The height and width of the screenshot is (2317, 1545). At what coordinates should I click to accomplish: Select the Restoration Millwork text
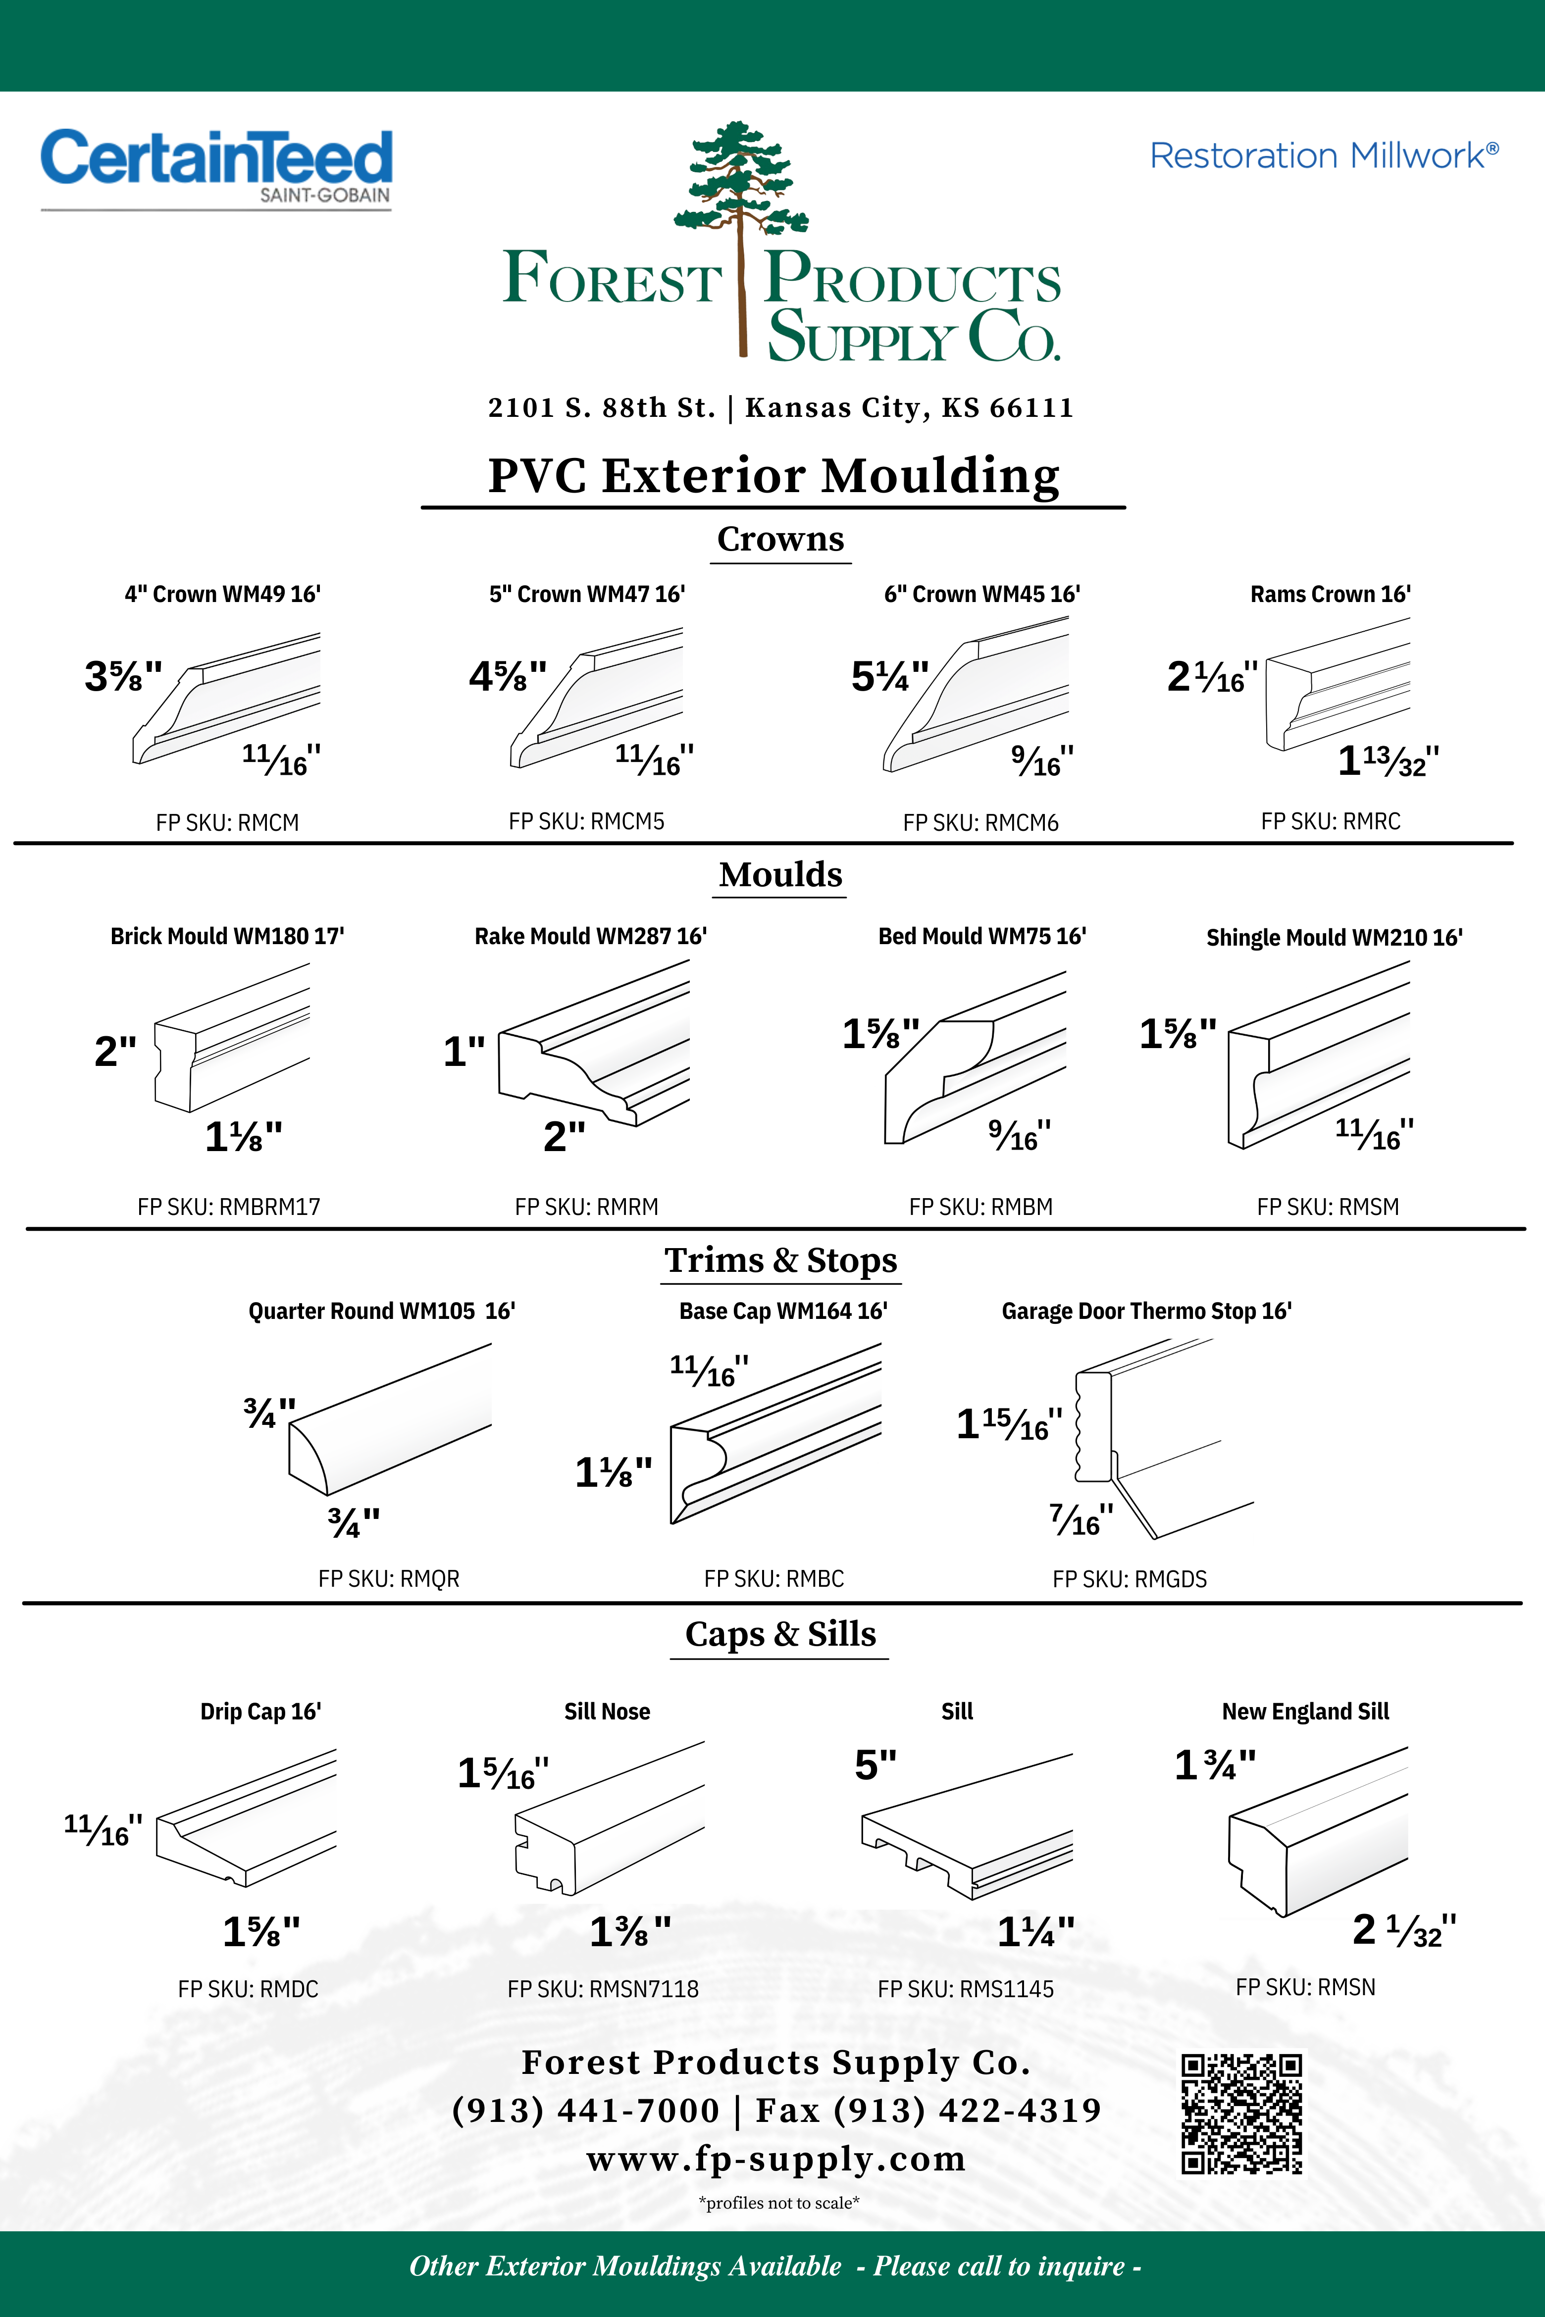tap(1323, 155)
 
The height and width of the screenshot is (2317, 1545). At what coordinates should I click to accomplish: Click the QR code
tap(1241, 2113)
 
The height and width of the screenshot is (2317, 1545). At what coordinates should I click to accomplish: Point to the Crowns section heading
tap(780, 539)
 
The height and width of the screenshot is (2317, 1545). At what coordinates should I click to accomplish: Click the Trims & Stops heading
tap(780, 1260)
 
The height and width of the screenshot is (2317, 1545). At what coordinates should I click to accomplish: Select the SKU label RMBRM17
tap(229, 1207)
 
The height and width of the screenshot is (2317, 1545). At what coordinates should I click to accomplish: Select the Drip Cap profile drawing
tap(246, 1817)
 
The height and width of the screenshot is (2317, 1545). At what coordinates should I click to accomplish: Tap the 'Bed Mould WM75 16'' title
tap(981, 936)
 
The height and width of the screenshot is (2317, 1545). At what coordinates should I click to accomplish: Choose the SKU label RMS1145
tap(966, 1989)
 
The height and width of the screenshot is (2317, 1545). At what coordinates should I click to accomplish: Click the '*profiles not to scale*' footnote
tap(778, 2203)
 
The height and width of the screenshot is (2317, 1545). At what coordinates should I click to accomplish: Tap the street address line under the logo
tap(780, 408)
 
